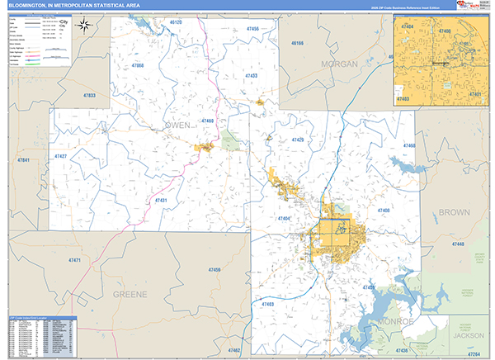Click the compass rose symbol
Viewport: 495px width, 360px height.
[x=84, y=25]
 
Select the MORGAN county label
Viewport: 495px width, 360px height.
[x=339, y=64]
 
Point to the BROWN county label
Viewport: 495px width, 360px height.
[x=453, y=212]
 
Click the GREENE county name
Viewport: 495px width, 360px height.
[x=130, y=294]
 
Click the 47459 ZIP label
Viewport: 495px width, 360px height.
[x=214, y=270]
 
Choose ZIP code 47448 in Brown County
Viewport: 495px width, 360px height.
[x=458, y=245]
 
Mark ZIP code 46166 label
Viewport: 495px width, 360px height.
[x=295, y=43]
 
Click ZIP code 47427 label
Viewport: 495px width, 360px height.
[x=61, y=155]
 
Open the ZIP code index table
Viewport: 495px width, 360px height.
[x=41, y=336]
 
